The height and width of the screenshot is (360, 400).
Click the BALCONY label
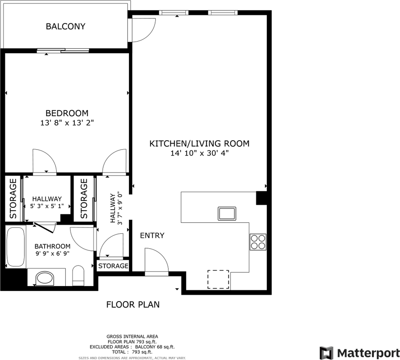pyautogui.click(x=66, y=26)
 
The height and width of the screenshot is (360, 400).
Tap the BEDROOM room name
pyautogui.click(x=67, y=113)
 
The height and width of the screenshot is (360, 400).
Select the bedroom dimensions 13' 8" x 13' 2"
pyautogui.click(x=67, y=123)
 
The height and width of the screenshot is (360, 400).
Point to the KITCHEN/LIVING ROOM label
pyautogui.click(x=199, y=144)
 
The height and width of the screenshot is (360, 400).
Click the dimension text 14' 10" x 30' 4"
pyautogui.click(x=199, y=153)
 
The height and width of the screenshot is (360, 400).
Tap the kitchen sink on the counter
pyautogui.click(x=227, y=213)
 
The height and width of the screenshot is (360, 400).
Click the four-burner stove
pyautogui.click(x=258, y=242)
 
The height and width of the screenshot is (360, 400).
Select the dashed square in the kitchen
pyautogui.click(x=218, y=279)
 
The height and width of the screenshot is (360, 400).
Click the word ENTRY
pyautogui.click(x=152, y=235)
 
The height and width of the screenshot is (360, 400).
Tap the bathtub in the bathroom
pyautogui.click(x=16, y=247)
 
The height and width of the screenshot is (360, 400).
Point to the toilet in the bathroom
pyautogui.click(x=78, y=276)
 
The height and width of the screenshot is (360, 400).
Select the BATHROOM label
pyautogui.click(x=52, y=246)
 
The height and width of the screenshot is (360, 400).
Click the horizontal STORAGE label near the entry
pyautogui.click(x=113, y=266)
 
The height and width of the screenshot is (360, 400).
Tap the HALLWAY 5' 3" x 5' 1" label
pyautogui.click(x=47, y=202)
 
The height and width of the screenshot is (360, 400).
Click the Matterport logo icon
pyautogui.click(x=327, y=353)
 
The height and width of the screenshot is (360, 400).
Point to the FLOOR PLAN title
pyautogui.click(x=133, y=304)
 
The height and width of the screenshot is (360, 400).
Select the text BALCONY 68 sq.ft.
pyautogui.click(x=155, y=347)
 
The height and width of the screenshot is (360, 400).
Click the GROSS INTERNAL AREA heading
pyautogui.click(x=132, y=336)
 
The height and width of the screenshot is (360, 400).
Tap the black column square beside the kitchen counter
pyautogui.click(x=261, y=198)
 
